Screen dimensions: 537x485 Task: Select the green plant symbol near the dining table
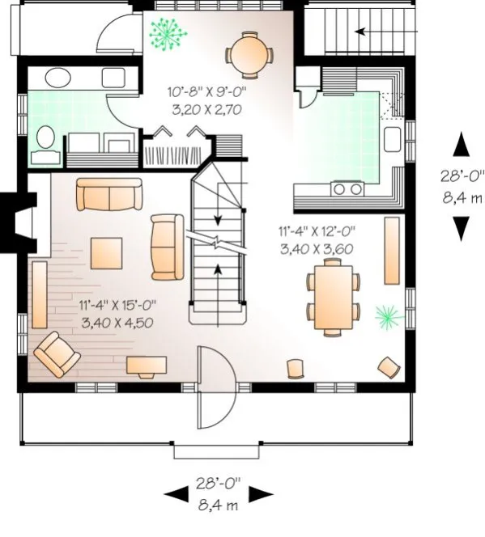tap(386, 315)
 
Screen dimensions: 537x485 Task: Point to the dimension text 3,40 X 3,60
tap(316, 249)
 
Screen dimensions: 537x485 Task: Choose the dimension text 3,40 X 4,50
tap(117, 320)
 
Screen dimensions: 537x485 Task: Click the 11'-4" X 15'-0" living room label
tap(117, 305)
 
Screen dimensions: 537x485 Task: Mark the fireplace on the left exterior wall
tap(18, 221)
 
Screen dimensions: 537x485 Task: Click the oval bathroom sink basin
tap(57, 78)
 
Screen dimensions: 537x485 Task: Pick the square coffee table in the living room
tap(107, 252)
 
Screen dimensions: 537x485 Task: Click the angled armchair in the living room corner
tap(56, 355)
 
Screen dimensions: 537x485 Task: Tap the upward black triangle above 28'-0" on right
tap(461, 146)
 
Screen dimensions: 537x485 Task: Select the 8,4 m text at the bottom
tap(219, 505)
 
